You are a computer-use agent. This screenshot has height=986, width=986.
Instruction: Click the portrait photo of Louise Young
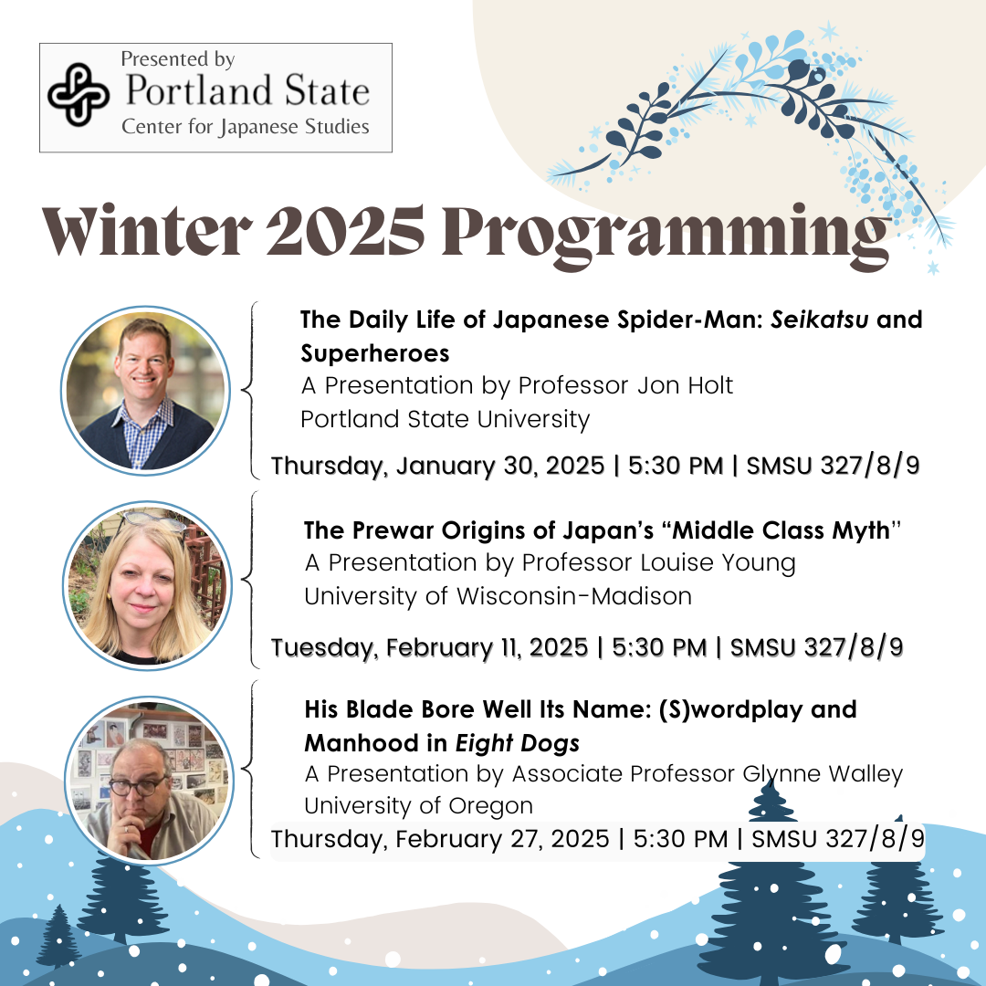coord(147,583)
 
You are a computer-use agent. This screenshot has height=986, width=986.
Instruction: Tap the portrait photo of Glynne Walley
coord(149,779)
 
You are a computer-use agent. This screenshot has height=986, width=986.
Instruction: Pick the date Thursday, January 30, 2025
coord(437,466)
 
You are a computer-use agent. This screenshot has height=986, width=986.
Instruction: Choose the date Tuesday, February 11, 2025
coord(429,647)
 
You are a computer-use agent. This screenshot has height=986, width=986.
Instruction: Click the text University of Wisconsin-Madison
coord(498,596)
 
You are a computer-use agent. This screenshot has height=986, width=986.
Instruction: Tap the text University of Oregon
coord(418,806)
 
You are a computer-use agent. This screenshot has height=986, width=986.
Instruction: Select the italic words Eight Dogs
coord(518,742)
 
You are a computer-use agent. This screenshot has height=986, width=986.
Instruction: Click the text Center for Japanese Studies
coord(246,126)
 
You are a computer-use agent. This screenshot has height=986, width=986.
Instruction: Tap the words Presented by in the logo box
coord(178,59)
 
